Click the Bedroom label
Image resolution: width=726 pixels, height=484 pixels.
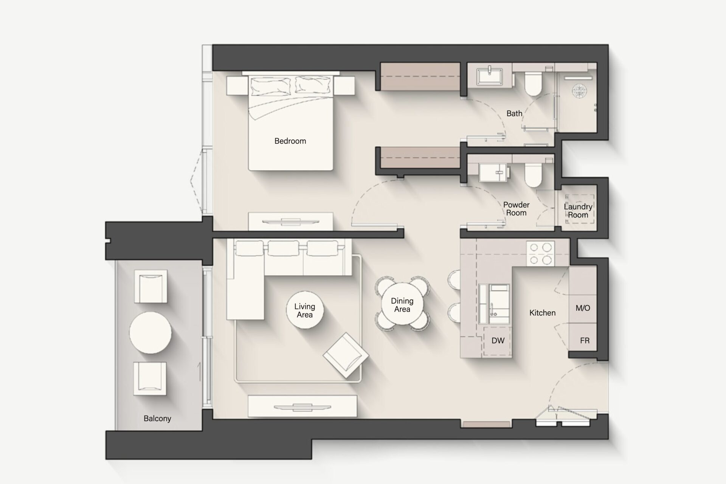290,141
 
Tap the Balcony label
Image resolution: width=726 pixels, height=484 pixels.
157,418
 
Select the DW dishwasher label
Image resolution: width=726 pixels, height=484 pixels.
498,341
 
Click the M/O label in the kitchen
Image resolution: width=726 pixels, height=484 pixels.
583,308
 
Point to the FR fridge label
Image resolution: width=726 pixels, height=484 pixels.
585,341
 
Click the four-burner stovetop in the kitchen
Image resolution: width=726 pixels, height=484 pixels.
540,254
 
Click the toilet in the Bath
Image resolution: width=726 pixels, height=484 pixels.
533,84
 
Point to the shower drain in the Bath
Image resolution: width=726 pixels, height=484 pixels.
579,91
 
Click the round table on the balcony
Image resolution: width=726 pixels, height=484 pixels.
150,333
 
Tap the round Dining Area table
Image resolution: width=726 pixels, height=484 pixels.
402,304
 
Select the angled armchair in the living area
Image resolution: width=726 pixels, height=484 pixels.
346,355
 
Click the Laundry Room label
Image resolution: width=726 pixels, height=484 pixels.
578,211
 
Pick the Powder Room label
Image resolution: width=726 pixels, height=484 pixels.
516,209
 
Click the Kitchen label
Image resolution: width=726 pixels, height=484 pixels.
542,313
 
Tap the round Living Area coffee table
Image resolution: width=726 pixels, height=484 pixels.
305,310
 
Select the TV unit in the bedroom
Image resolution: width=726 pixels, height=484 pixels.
290,221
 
